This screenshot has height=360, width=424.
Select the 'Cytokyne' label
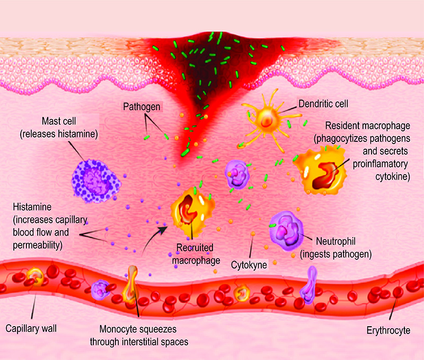[x=249, y=262]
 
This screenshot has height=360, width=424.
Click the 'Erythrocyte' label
[x=388, y=331]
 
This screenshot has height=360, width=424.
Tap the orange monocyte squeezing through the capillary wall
[x=132, y=283]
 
